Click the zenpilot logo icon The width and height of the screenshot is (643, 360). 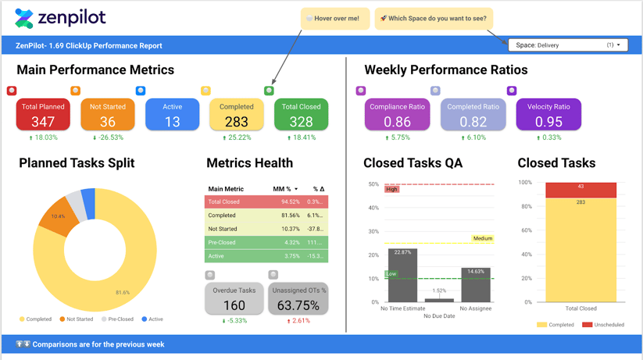point(24,19)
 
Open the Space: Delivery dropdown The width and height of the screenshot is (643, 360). point(567,45)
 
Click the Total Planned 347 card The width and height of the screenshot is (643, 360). point(43,115)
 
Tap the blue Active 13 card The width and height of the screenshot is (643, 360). point(172,115)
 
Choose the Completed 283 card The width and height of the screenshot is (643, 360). point(236,115)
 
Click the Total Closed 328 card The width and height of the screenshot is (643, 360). point(301,115)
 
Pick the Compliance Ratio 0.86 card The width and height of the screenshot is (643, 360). point(397,115)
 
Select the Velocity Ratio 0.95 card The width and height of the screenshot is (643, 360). point(548,115)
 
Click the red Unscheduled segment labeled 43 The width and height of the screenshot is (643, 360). point(580,190)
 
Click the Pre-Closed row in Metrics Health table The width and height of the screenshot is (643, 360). point(266,242)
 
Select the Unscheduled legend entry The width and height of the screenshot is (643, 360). point(603,325)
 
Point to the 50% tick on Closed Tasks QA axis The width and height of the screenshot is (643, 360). point(373,185)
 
